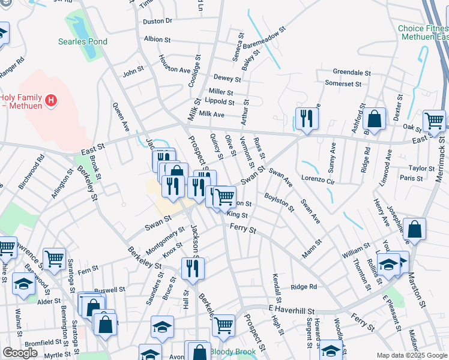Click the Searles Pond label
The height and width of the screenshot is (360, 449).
83,41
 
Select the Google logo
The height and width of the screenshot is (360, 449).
20,353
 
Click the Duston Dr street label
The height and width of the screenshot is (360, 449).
157,21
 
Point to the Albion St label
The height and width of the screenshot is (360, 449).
158,40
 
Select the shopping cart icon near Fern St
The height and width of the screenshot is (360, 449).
54,259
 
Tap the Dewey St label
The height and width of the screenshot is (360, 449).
227,79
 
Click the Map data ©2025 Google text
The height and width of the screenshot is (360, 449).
411,355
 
